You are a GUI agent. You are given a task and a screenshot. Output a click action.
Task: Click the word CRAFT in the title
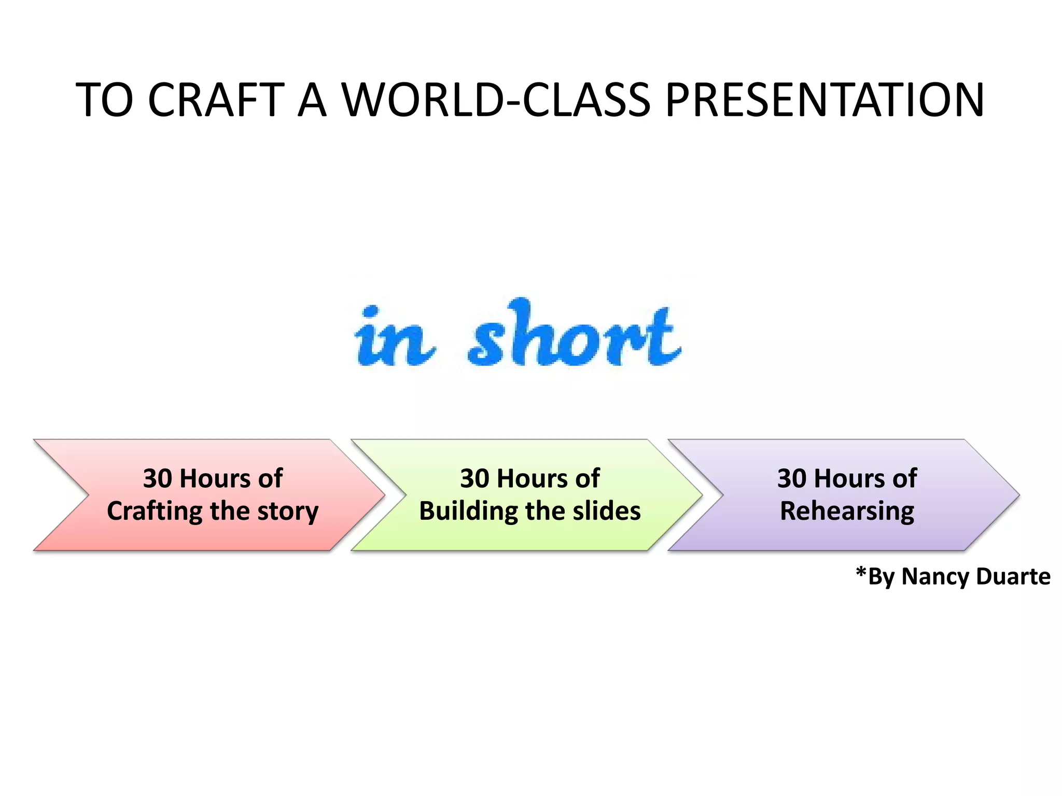pyautogui.click(x=216, y=100)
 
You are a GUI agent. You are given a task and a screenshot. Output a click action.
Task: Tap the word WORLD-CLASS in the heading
pyautogui.click(x=496, y=100)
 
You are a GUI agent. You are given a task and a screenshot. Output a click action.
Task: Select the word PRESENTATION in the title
pyautogui.click(x=825, y=100)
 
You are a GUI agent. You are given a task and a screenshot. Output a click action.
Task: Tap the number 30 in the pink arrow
pyautogui.click(x=157, y=478)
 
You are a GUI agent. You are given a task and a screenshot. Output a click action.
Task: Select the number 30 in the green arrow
pyautogui.click(x=474, y=478)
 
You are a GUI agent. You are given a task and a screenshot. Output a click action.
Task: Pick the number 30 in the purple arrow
pyautogui.click(x=792, y=478)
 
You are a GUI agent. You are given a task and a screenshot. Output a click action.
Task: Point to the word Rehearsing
pyautogui.click(x=847, y=511)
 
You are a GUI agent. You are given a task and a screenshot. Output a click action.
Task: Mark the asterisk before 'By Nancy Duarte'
pyautogui.click(x=861, y=573)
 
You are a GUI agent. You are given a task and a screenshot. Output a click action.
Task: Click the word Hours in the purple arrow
pyautogui.click(x=849, y=478)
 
